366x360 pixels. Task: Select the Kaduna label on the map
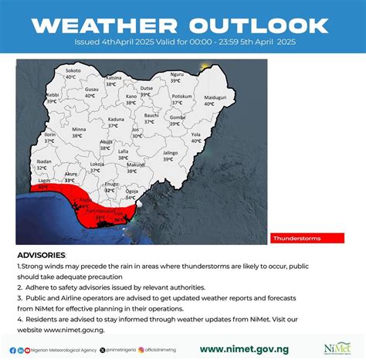(116, 119)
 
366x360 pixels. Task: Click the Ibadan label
(44, 161)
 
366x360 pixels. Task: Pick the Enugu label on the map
(112, 184)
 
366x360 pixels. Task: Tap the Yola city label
(195, 134)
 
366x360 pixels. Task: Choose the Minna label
(79, 129)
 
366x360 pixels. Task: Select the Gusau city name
(92, 90)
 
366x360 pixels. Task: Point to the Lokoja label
(97, 164)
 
